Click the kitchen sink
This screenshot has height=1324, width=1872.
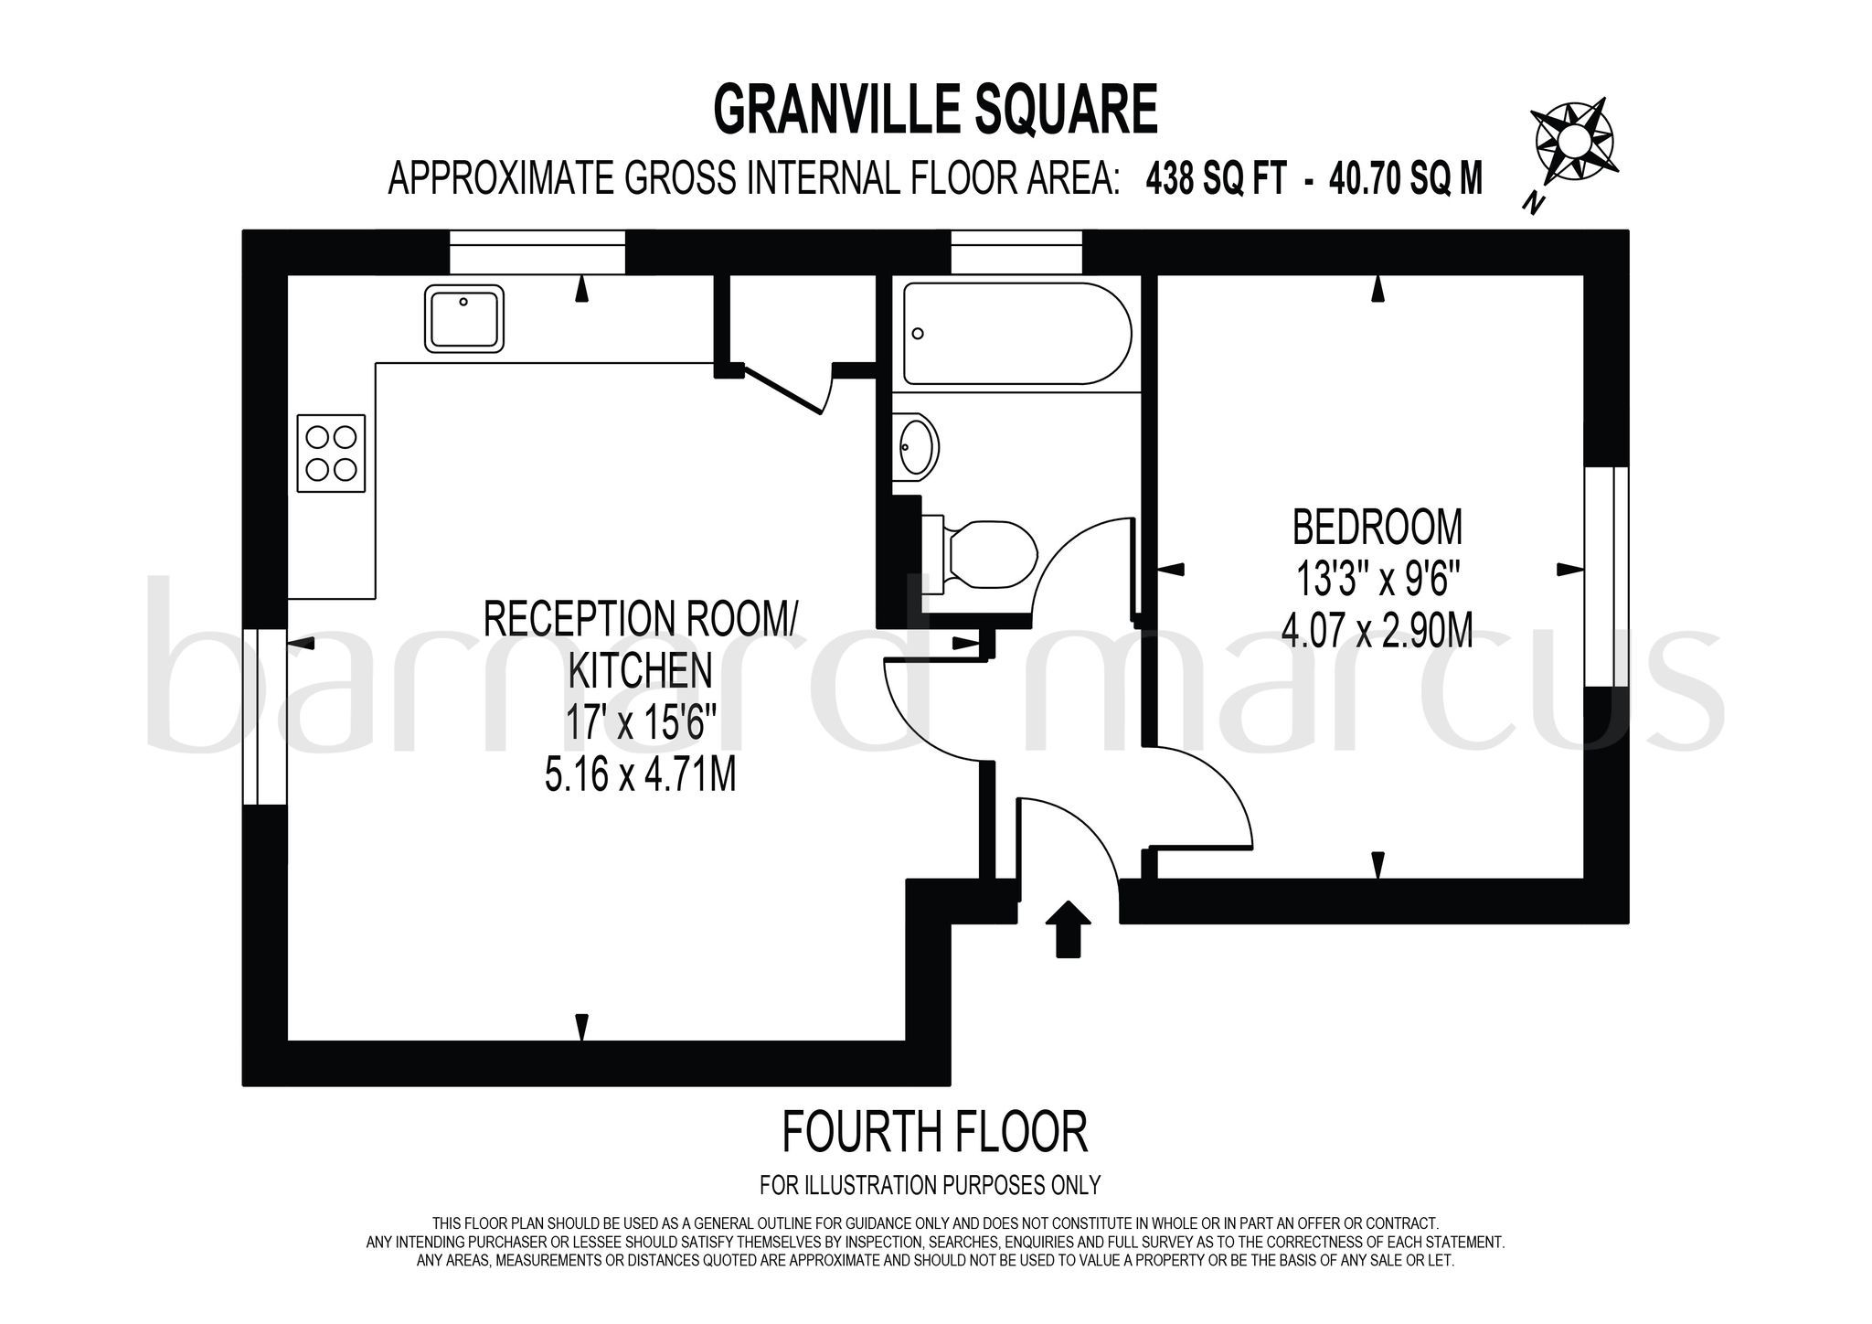(x=464, y=318)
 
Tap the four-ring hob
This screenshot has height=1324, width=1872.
(x=331, y=454)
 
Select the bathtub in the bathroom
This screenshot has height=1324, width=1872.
(x=1016, y=333)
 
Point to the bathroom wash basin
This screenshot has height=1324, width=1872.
(x=916, y=447)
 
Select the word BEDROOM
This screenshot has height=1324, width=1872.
(x=1377, y=528)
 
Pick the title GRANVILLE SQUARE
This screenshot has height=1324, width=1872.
(x=935, y=111)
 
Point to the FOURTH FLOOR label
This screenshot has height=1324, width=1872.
(x=934, y=1131)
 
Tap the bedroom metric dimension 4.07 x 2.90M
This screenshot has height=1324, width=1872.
(x=1377, y=631)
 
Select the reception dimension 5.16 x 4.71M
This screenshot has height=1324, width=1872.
(x=640, y=777)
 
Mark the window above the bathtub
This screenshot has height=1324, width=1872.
(x=1016, y=251)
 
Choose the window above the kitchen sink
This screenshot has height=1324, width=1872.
(x=537, y=251)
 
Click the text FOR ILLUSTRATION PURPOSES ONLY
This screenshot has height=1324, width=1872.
(x=930, y=1185)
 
